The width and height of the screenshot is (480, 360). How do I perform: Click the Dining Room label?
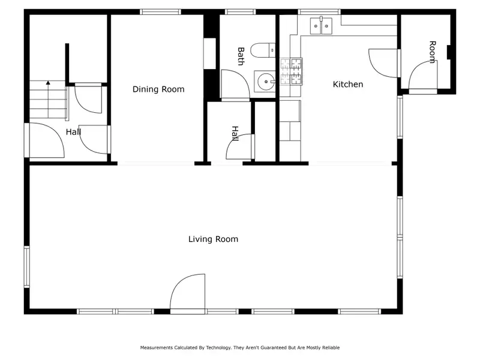tap(158, 89)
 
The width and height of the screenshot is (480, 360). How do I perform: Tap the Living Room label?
tap(213, 239)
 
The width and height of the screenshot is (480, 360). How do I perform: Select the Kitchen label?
tap(348, 84)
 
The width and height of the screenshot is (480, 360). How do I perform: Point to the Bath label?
tap(241, 56)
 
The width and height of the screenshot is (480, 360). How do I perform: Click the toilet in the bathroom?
tap(263, 50)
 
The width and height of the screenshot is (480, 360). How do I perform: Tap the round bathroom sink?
tap(265, 82)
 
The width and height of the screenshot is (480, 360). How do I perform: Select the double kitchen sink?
tap(321, 26)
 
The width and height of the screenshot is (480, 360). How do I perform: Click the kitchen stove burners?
tap(291, 71)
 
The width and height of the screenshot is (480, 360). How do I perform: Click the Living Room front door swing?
tap(187, 292)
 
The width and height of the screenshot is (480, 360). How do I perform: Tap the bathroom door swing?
tap(235, 84)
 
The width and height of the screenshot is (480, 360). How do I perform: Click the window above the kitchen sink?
tap(319, 12)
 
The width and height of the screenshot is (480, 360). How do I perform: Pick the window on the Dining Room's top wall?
tap(160, 12)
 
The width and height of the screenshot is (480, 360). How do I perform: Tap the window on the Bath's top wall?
tap(240, 12)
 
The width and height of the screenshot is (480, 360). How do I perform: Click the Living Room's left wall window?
tap(27, 266)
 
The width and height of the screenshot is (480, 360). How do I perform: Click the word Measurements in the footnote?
tap(157, 347)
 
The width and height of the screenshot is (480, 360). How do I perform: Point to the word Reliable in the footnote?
tap(331, 347)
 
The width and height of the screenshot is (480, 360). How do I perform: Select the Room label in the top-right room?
tap(432, 52)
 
